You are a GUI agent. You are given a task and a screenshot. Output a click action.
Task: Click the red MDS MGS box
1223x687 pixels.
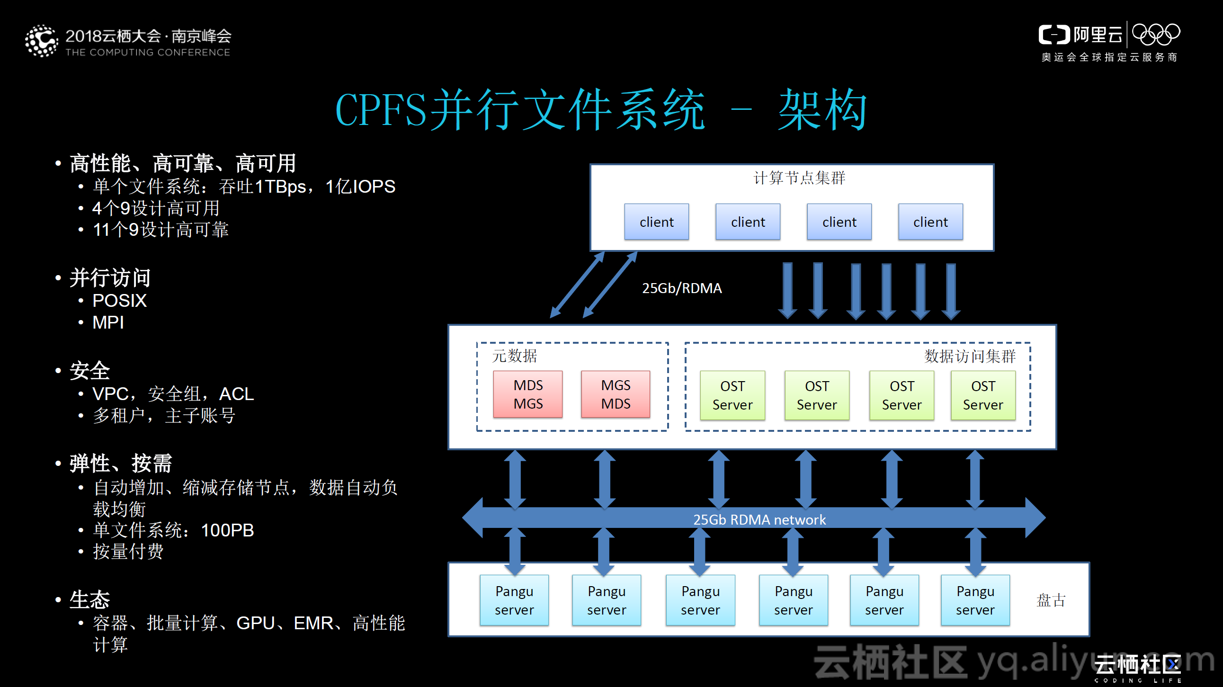coord(527,394)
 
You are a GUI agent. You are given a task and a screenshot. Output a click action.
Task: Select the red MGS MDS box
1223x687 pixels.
coord(616,394)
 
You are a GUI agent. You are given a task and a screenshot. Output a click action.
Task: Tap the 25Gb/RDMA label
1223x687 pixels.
coord(681,288)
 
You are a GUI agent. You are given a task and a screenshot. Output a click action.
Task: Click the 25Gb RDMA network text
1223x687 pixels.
coord(759,519)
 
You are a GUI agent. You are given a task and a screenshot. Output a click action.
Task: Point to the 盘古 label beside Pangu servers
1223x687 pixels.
coord(1050,600)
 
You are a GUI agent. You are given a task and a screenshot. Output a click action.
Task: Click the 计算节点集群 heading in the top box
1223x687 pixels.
coord(799,178)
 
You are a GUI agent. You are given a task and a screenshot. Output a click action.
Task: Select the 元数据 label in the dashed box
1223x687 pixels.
coord(514,356)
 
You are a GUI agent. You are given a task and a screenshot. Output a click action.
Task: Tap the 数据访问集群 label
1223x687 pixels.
coord(970,356)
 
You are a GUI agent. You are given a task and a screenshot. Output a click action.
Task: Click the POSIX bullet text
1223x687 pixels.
coord(119,301)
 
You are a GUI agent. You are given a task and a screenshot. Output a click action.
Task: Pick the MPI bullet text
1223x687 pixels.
coord(108,322)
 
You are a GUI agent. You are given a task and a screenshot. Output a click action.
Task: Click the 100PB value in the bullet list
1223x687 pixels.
coord(227,530)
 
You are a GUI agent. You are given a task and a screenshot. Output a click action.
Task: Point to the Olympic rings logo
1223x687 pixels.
coord(1156,35)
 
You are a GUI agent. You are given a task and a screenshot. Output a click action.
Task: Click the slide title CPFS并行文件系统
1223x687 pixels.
coord(520,110)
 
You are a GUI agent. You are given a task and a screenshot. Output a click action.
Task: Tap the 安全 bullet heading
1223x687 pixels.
coord(89,371)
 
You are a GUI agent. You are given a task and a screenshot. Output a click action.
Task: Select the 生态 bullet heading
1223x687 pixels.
coord(89,599)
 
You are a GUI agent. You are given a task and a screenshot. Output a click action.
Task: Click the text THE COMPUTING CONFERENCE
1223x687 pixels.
coord(148,52)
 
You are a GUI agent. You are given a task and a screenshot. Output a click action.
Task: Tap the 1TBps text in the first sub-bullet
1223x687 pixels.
coord(280,187)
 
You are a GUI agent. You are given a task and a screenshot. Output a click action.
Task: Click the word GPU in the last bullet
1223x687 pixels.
coord(255,623)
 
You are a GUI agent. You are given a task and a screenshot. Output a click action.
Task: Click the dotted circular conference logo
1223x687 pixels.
coord(42,41)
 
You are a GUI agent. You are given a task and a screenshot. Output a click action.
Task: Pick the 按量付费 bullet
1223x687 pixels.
coord(128,552)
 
